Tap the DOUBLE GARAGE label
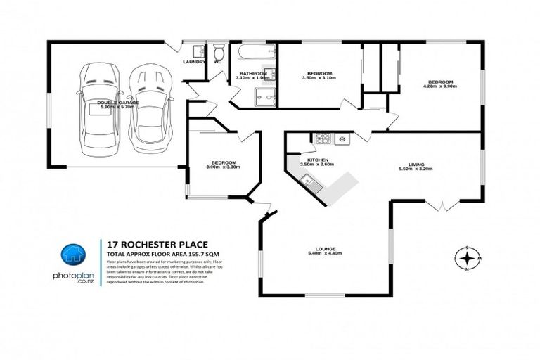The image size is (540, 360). (x=118, y=103)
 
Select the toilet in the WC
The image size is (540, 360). (x=219, y=53)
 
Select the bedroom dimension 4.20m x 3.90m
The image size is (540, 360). (x=437, y=86)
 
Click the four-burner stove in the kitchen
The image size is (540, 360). (x=324, y=139)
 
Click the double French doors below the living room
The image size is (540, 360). (x=444, y=206)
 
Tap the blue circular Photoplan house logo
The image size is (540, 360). (x=72, y=254)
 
